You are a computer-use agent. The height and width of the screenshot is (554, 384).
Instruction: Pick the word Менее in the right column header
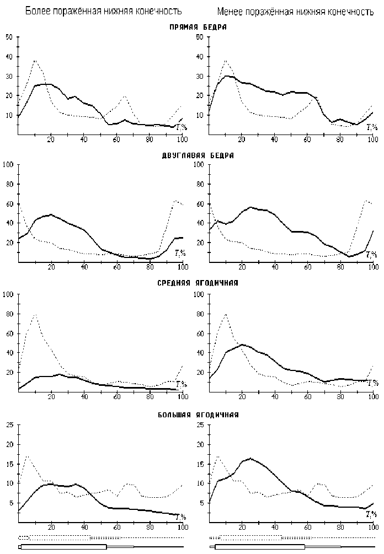point(231,11)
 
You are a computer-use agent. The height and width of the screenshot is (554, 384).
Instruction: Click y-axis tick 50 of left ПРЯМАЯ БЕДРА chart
point(8,37)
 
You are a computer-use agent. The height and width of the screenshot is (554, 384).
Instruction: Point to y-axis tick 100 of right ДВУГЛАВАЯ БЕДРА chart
point(199,164)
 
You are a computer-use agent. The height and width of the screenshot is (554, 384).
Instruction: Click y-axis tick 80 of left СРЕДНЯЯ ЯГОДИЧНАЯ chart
point(8,314)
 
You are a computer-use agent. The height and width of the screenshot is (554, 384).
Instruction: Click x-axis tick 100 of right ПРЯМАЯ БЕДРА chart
point(373,140)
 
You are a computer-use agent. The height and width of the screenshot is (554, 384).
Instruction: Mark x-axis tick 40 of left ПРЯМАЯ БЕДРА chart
point(84,140)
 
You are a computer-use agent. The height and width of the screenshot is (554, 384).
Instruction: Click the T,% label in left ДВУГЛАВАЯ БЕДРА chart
point(180,253)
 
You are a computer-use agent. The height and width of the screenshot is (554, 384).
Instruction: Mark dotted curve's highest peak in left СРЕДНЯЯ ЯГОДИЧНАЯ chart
point(35,315)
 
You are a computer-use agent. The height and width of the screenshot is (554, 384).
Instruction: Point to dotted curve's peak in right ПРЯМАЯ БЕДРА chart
point(226,61)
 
